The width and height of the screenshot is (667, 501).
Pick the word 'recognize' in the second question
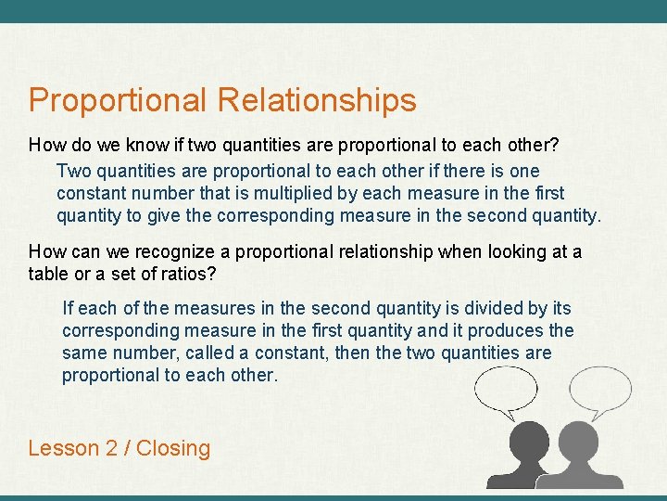177,252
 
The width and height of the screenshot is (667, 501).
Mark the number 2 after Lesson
112,448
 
